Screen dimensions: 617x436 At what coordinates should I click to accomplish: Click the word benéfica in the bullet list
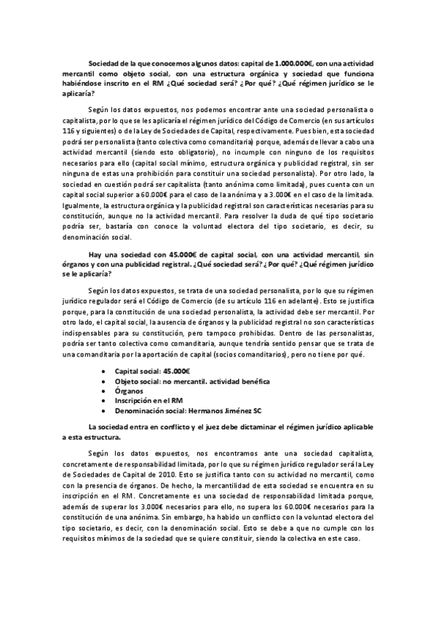[250, 381]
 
